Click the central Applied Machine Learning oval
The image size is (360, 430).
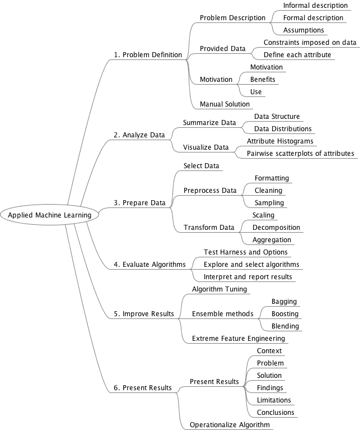point(50,215)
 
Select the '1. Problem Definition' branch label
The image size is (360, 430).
point(148,55)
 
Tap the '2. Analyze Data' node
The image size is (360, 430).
point(139,135)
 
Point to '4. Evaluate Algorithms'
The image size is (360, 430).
point(149,265)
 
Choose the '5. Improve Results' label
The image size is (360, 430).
point(144,314)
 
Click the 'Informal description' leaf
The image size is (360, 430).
point(315,6)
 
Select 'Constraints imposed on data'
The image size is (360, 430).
point(310,43)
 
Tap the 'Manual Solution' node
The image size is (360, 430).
point(225,104)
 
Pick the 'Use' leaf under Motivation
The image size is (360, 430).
point(256,92)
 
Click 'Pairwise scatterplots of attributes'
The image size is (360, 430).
point(301,154)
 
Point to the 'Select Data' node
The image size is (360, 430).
point(202,166)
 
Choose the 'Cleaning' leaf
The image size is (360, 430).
point(268,191)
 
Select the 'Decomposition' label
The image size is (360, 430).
point(276,228)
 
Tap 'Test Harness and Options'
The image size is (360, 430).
point(246,252)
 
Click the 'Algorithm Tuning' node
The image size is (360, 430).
point(219,289)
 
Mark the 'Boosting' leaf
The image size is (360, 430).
point(285,314)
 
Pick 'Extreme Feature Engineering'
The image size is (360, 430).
point(239,339)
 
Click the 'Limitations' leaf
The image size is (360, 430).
point(274,400)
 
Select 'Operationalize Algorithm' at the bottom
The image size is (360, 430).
point(230,425)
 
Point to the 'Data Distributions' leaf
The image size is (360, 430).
point(283,129)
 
